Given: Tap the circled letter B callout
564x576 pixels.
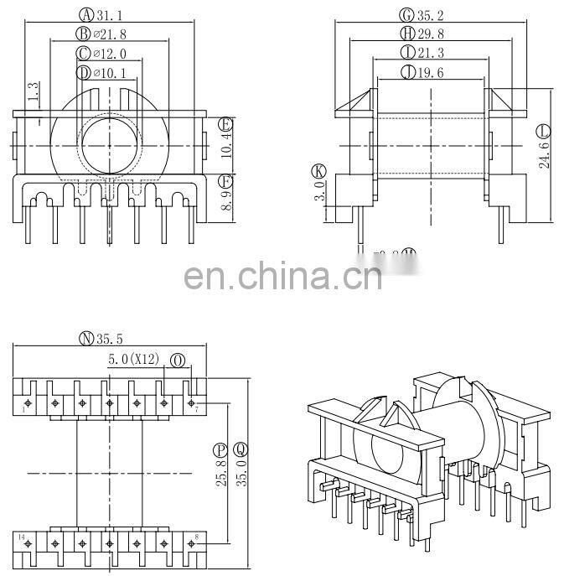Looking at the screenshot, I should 83,34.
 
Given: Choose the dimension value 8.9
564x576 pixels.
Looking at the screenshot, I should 225,198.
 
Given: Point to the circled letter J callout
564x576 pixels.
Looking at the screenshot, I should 407,73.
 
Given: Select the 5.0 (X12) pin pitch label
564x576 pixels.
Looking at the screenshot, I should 133,360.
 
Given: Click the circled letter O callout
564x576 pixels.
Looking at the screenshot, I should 178,360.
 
